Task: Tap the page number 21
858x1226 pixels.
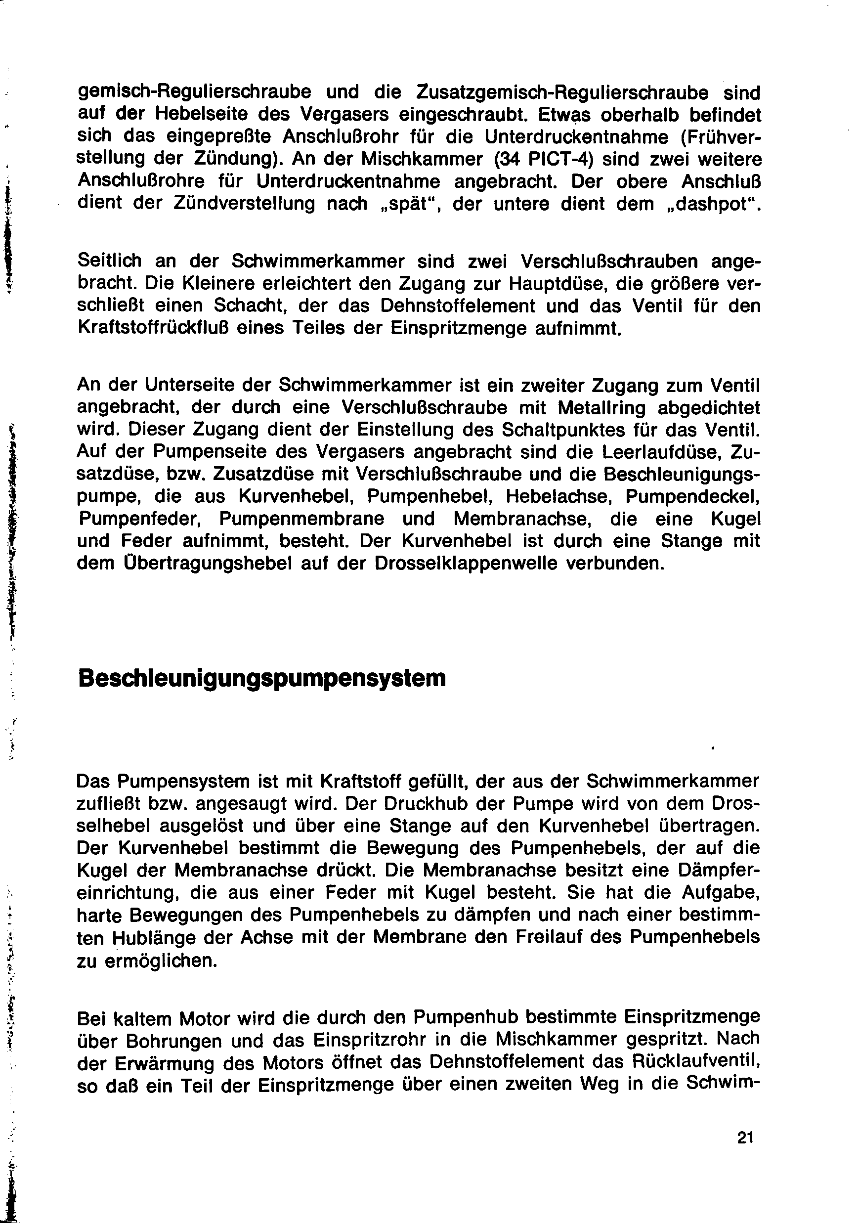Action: click(745, 1138)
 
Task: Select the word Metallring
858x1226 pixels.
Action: click(601, 407)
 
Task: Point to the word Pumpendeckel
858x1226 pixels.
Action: click(692, 497)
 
